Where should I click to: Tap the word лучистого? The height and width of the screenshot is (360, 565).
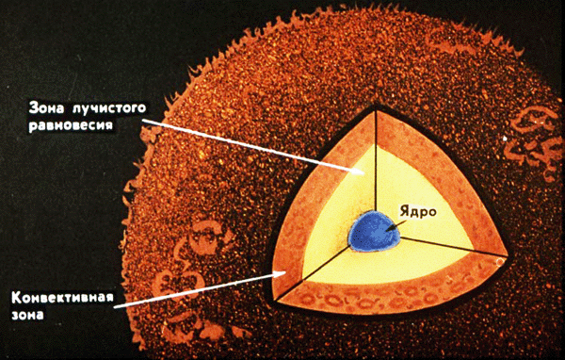click(x=109, y=108)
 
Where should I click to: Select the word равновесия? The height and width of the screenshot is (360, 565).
click(x=71, y=125)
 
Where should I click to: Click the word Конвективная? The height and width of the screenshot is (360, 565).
click(x=63, y=298)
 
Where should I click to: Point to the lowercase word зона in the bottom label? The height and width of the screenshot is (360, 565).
click(x=27, y=315)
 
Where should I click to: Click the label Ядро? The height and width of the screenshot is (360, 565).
click(x=418, y=212)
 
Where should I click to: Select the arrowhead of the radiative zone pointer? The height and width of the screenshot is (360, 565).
click(x=357, y=171)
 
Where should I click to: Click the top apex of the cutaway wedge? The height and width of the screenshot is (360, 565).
click(x=376, y=107)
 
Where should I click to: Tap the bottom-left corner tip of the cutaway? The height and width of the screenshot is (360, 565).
click(x=275, y=300)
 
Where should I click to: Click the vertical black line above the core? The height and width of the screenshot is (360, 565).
click(x=376, y=160)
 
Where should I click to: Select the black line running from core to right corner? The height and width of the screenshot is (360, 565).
click(x=453, y=246)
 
